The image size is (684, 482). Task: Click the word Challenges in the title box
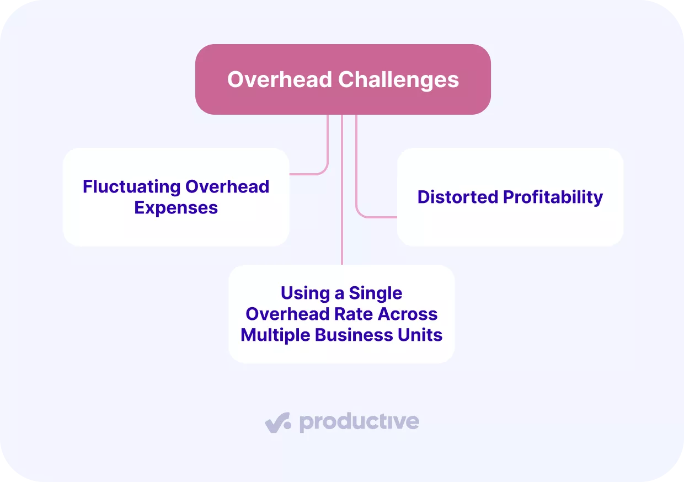point(398,79)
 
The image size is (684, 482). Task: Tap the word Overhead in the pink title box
point(280,79)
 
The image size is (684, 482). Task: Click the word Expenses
point(176,207)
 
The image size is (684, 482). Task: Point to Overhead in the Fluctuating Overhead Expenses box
point(227,186)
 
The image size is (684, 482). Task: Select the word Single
point(376,293)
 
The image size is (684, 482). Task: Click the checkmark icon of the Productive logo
point(277,423)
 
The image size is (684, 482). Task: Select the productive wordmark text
point(359,422)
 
